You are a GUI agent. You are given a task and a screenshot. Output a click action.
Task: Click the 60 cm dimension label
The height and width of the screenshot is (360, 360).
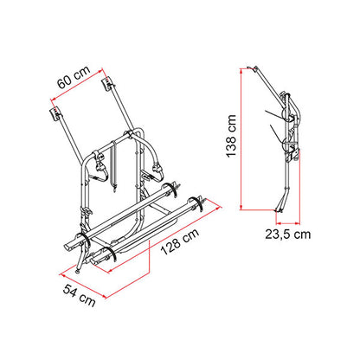(x=74, y=77)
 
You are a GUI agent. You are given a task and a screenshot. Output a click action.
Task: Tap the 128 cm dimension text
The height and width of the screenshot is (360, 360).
(x=179, y=241)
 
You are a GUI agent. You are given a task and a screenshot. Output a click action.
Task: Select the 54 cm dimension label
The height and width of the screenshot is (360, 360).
(x=80, y=295)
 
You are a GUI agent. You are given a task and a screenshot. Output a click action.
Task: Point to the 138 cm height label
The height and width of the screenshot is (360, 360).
(x=231, y=136)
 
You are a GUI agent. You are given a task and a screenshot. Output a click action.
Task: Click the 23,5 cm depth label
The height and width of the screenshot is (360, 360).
(x=288, y=235)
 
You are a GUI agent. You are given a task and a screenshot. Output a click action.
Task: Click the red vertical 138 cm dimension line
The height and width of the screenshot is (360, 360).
(x=241, y=138)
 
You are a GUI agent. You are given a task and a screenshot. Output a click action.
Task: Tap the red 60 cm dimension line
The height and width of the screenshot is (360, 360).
(x=77, y=85)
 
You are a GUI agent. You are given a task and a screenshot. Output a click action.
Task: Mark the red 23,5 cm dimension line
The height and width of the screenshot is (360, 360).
(x=288, y=223)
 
